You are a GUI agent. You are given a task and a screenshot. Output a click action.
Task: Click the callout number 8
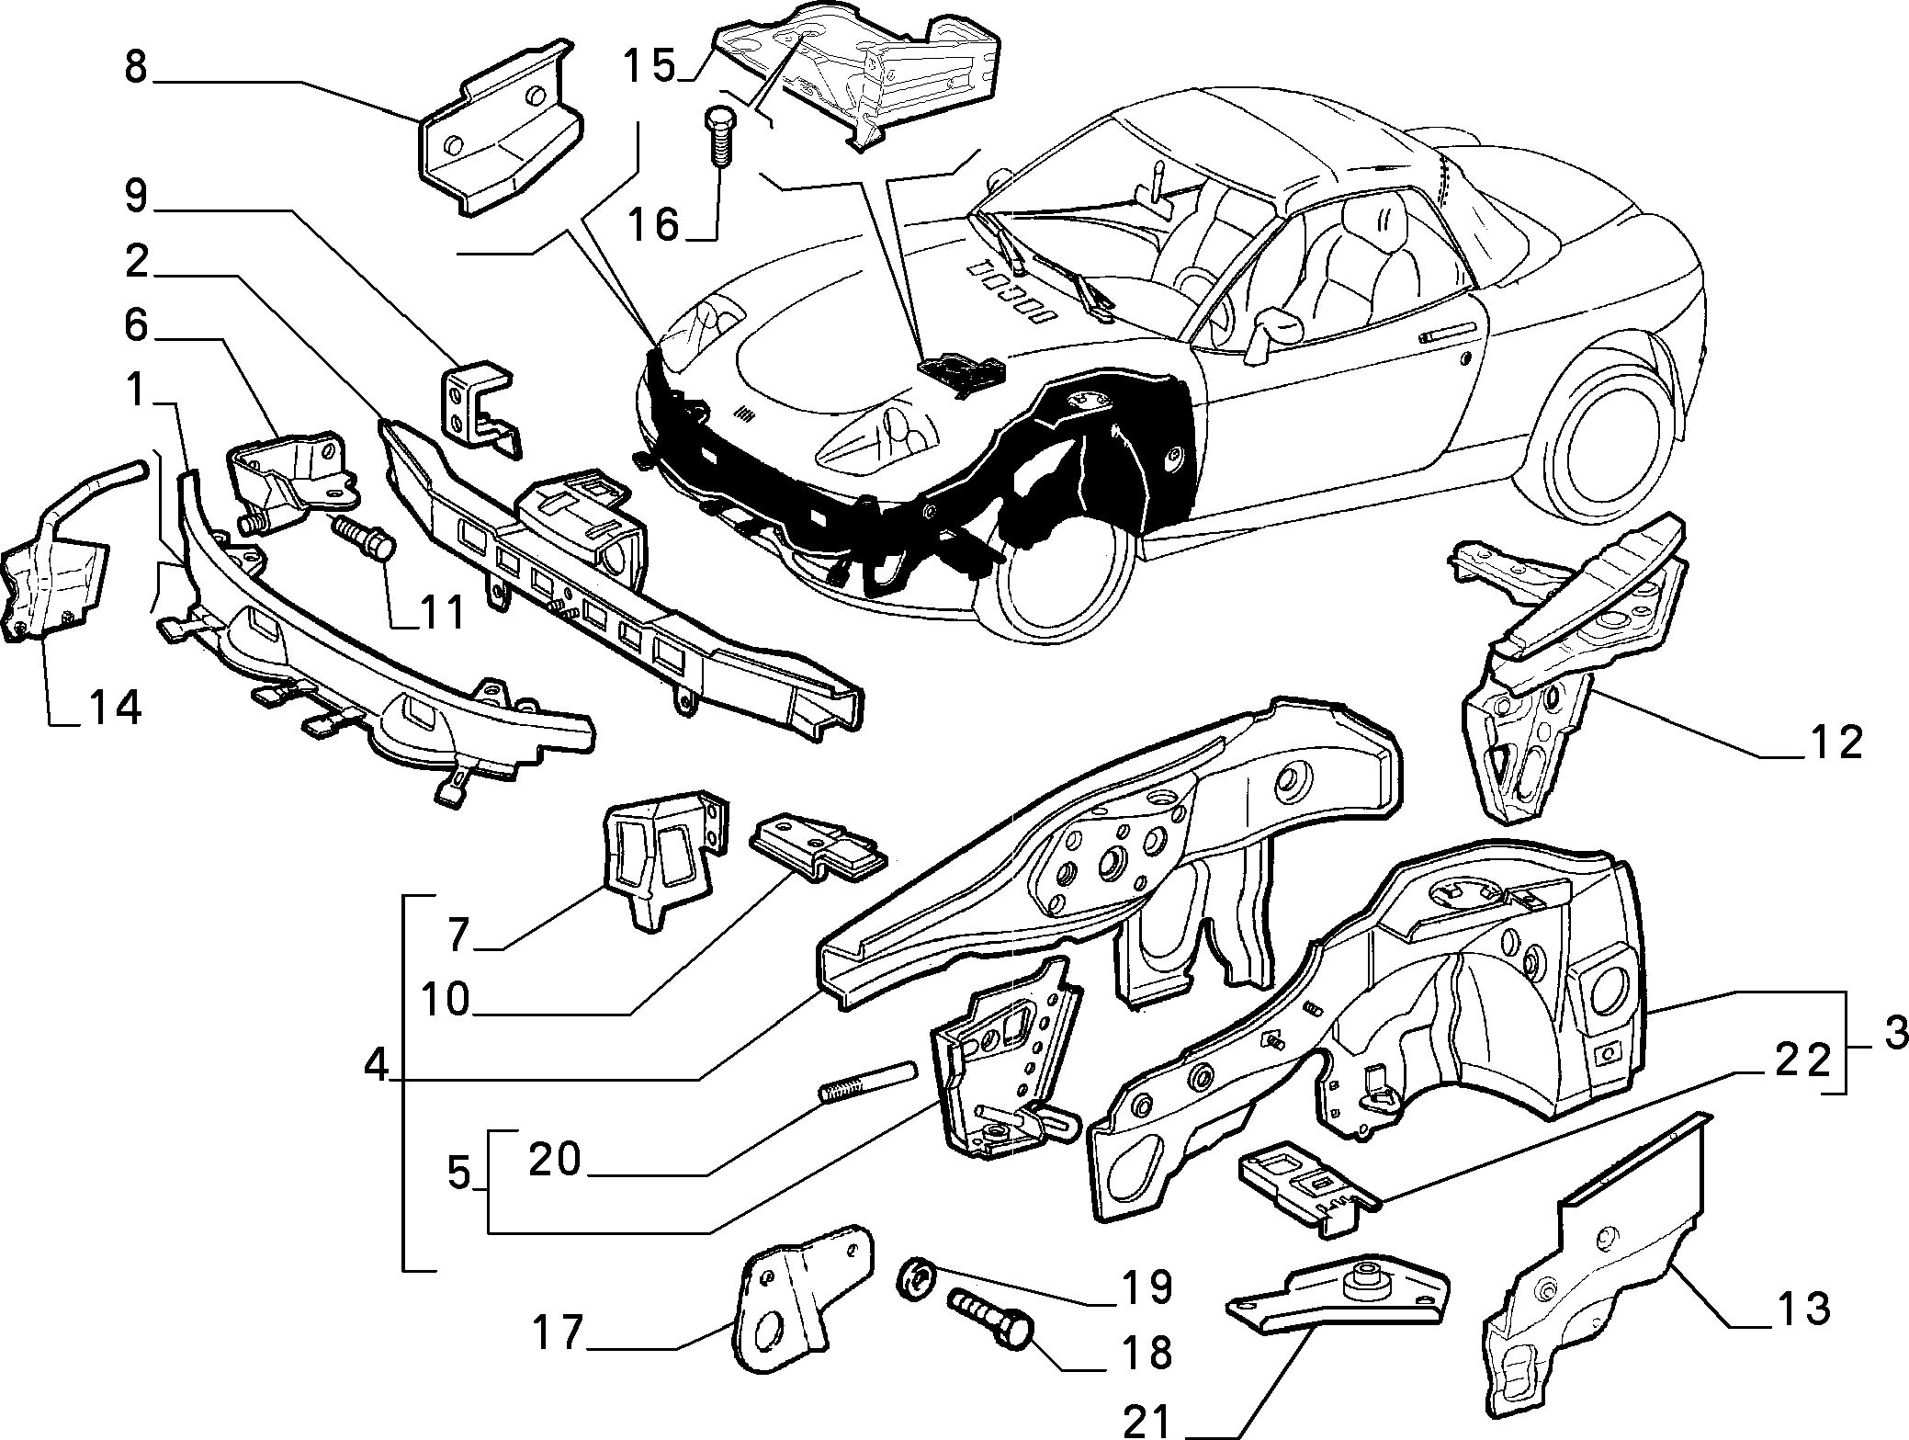pyautogui.click(x=137, y=68)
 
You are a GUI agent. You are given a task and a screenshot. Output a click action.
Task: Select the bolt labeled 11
pyautogui.click(x=366, y=539)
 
